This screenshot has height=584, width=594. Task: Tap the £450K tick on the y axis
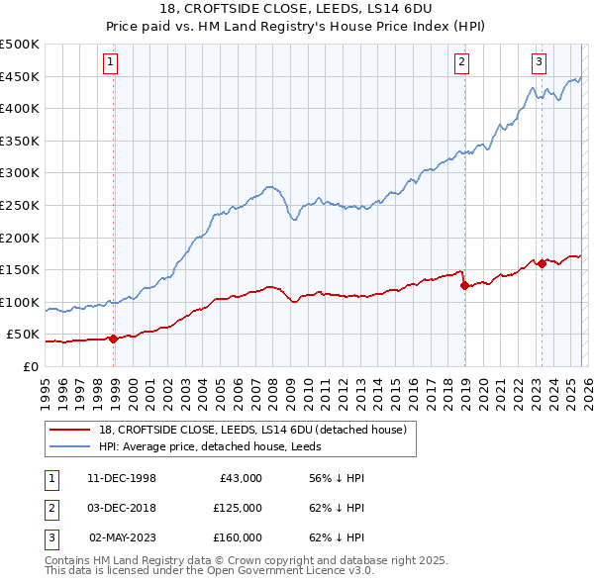[x=20, y=76]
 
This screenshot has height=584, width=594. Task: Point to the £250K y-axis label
[x=20, y=205]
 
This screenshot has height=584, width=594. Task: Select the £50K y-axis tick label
[x=24, y=335]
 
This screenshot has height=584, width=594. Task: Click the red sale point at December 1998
[x=114, y=339]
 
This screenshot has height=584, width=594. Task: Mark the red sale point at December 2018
[x=464, y=285]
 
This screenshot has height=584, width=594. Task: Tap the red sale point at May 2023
[x=542, y=263]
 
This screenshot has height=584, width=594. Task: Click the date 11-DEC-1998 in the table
[x=122, y=478]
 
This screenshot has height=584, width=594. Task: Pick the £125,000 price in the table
[x=238, y=508]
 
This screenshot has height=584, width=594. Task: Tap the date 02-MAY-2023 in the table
[x=123, y=537]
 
